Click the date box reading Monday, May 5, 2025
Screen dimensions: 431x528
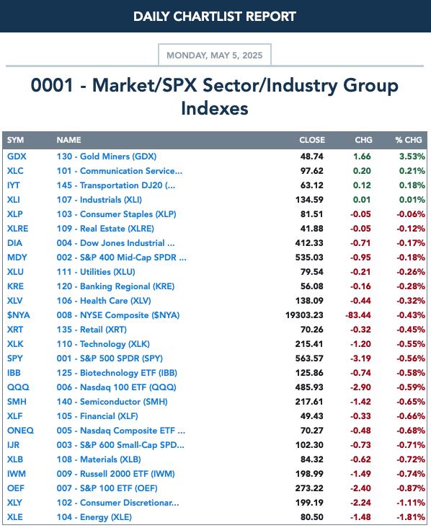[215, 55]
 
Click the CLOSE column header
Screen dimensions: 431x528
[312, 140]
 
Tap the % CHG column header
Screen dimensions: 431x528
[409, 140]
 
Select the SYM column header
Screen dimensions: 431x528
[15, 140]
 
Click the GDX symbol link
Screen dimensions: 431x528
[17, 157]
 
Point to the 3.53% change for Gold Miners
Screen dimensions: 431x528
[412, 157]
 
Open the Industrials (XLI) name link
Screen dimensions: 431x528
[99, 200]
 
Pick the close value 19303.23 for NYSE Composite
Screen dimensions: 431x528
[304, 315]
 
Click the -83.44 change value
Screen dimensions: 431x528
[358, 315]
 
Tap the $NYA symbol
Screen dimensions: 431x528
[19, 315]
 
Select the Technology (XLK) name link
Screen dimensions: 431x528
[103, 344]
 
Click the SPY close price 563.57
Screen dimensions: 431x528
[309, 358]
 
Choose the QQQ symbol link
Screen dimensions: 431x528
[18, 387]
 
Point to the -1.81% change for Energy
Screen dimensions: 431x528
[411, 517]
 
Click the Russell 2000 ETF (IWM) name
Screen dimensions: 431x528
[116, 474]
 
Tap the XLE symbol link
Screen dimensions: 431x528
[15, 517]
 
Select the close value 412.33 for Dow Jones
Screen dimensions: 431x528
[309, 243]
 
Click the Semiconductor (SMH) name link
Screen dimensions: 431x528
[112, 402]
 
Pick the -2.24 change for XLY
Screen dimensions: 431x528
[360, 503]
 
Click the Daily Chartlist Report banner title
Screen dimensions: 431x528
[215, 17]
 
